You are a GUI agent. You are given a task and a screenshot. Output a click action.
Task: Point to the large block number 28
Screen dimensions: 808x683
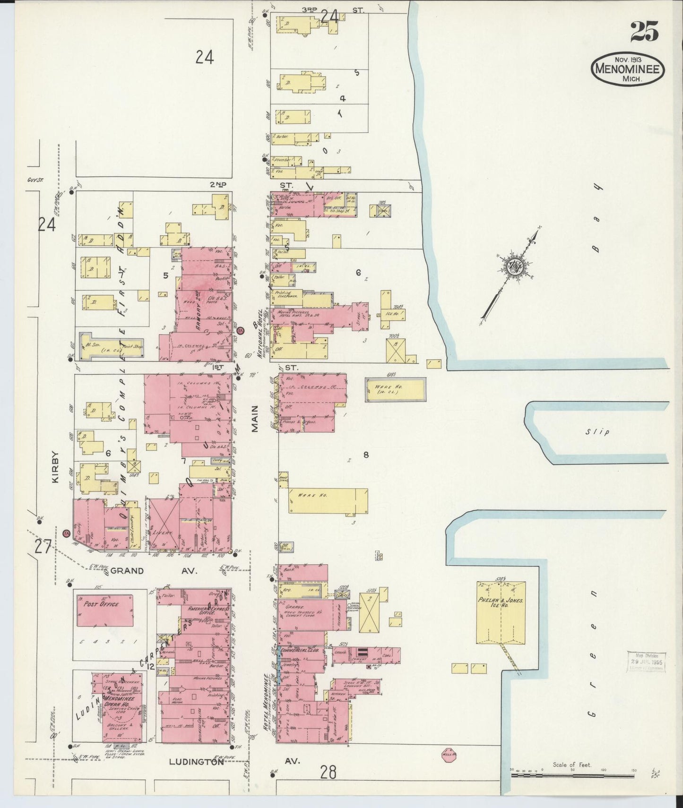tap(328, 773)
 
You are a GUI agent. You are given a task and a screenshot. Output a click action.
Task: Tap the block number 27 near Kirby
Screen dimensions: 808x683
tap(43, 547)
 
